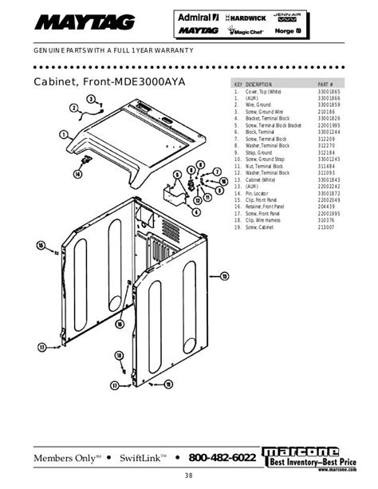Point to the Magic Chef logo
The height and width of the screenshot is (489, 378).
tap(246, 32)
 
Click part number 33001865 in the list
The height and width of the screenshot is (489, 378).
tap(329, 93)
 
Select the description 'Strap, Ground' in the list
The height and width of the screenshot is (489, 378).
tap(260, 153)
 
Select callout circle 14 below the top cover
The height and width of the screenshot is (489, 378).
tap(78, 172)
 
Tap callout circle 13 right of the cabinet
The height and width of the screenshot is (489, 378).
tap(224, 275)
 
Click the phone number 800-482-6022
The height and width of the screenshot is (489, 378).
tap(222, 458)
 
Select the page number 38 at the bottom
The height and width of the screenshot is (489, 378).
tap(188, 477)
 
